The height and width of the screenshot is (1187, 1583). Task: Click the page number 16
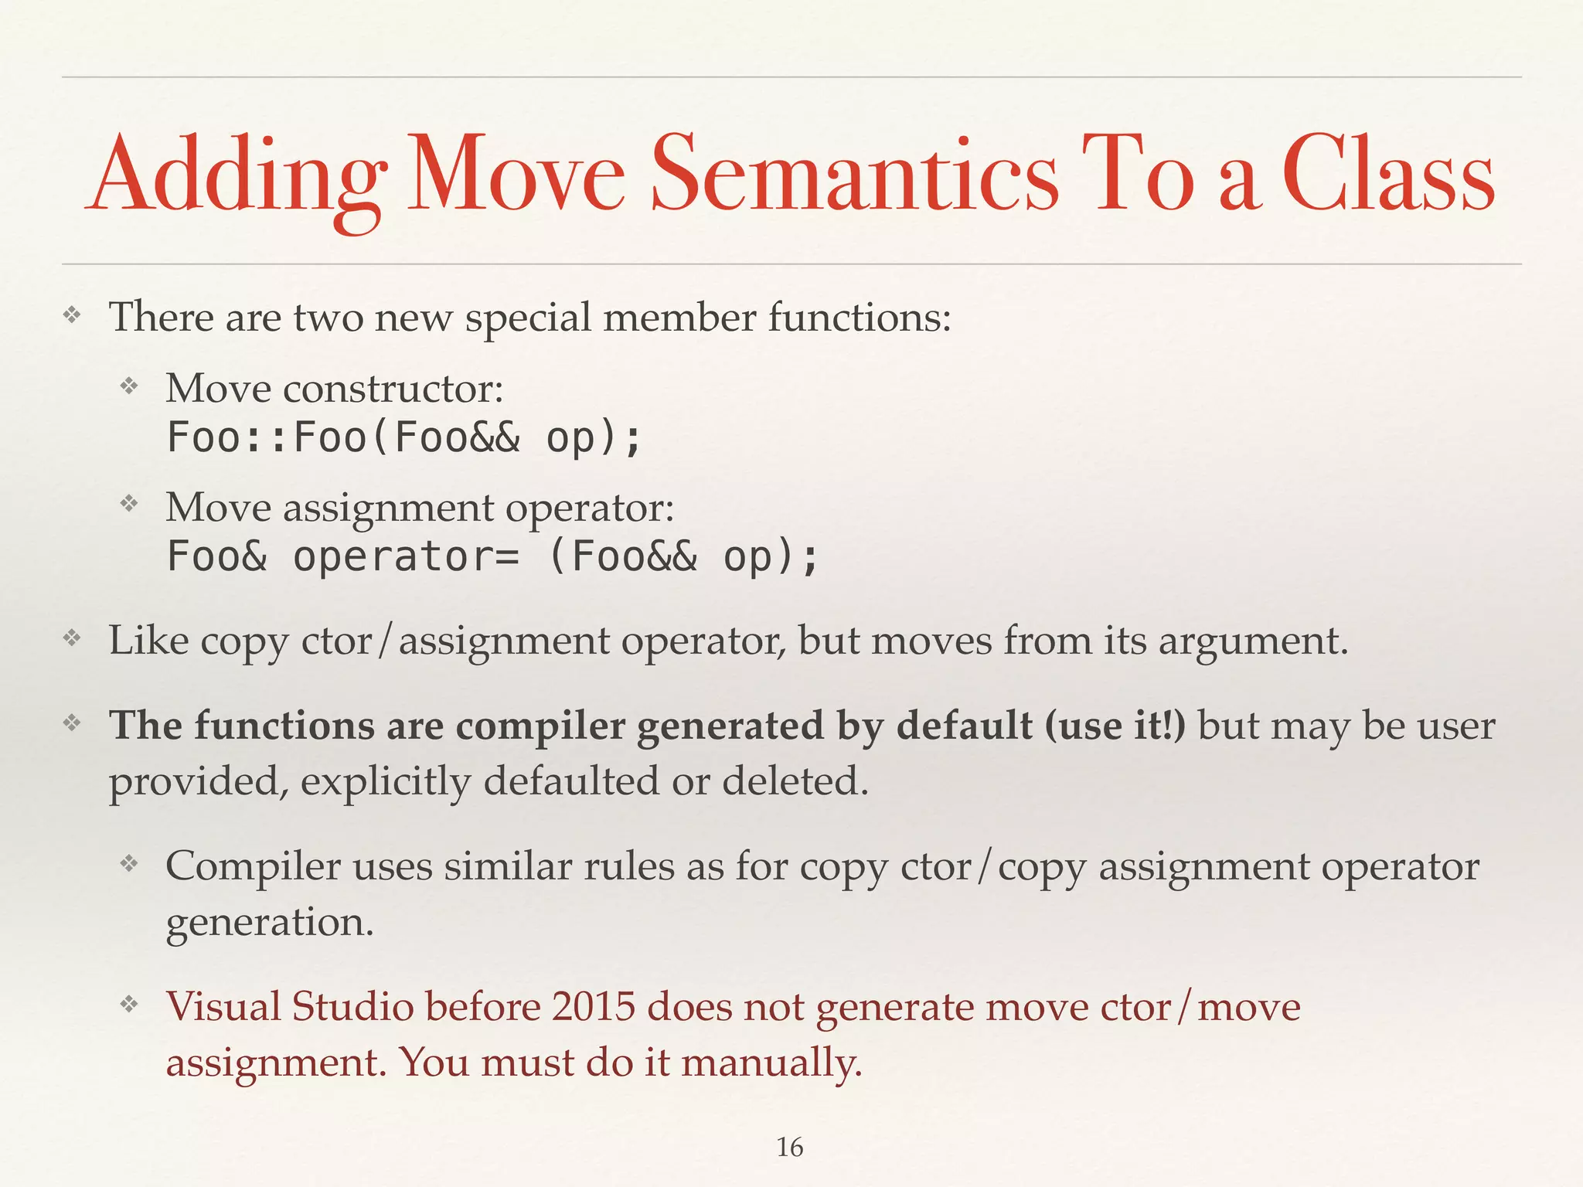[789, 1147]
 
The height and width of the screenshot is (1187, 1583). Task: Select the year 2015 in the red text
[593, 1007]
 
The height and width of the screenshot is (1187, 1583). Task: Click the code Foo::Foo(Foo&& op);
[404, 437]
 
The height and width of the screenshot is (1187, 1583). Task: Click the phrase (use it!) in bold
[1114, 726]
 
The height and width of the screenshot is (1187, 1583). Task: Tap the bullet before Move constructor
[128, 385]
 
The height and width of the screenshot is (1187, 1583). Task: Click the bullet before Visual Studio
[128, 1005]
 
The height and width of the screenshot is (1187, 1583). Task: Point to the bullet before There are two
[72, 315]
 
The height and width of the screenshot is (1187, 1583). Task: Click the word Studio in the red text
[352, 1007]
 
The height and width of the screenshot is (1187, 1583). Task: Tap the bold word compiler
[540, 726]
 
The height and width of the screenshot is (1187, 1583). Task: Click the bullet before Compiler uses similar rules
[128, 863]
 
